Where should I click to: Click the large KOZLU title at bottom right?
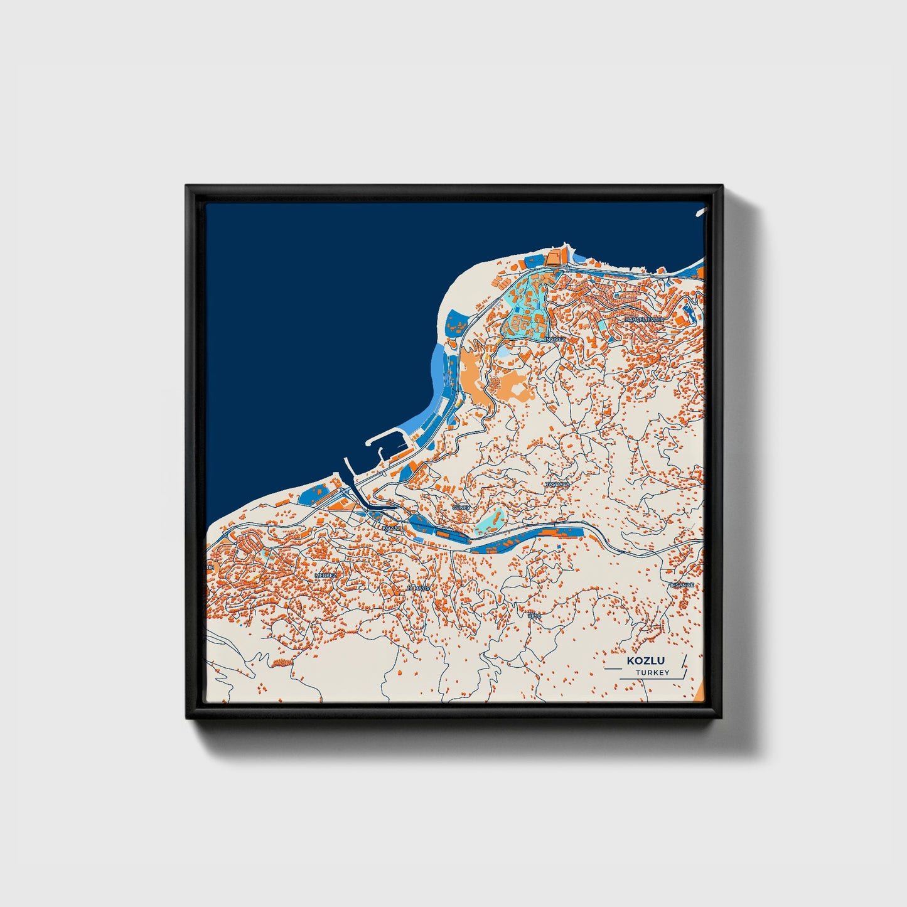pos(645,661)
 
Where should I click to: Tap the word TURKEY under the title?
pos(652,673)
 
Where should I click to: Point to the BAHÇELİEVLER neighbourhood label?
pos(644,319)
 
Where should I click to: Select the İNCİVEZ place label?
pos(555,339)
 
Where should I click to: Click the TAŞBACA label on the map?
pos(557,485)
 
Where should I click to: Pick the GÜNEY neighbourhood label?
pos(461,507)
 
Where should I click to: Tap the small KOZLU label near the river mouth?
pos(391,529)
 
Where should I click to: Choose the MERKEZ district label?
pos(326,575)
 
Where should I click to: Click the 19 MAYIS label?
pos(418,588)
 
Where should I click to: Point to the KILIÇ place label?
pos(534,616)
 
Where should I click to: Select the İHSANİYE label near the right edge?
pos(682,585)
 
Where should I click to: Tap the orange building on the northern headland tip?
pos(555,257)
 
